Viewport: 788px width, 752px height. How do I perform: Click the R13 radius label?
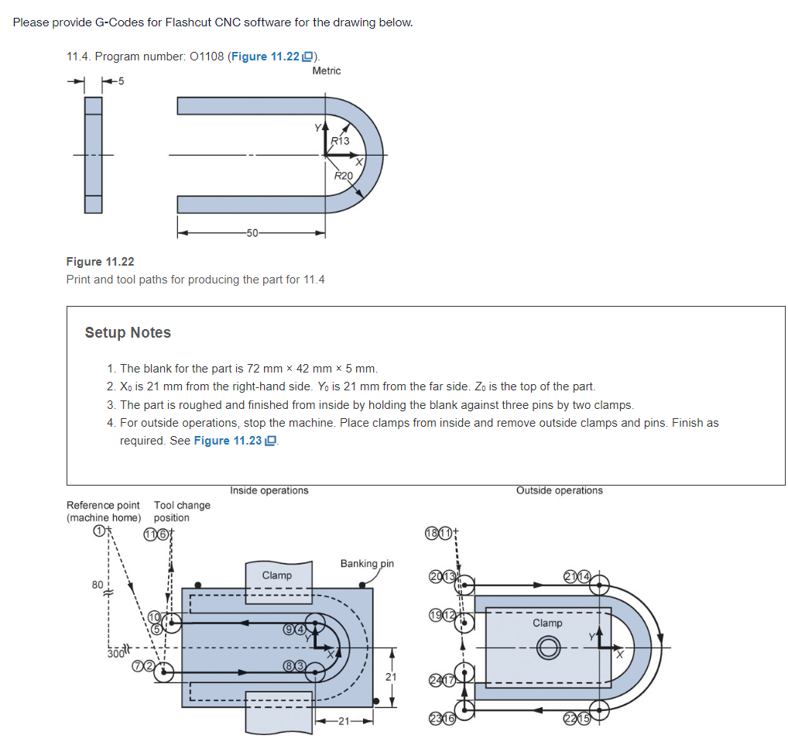pos(340,141)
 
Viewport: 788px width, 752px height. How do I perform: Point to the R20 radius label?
pos(343,176)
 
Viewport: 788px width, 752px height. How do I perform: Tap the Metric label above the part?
pos(326,70)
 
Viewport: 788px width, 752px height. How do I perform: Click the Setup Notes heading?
pos(128,332)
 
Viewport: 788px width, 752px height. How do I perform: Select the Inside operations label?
pos(269,490)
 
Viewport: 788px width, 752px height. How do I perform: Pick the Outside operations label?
pos(559,490)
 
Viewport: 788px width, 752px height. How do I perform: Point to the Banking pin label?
pos(367,563)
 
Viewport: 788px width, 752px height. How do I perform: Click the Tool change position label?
pos(181,511)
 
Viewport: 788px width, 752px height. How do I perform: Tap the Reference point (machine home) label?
pos(104,511)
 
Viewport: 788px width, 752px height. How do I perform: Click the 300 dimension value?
pos(115,654)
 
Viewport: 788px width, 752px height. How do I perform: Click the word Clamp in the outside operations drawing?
pos(547,623)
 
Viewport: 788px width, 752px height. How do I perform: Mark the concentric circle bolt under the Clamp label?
pos(548,647)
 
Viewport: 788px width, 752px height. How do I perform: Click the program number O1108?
pos(204,57)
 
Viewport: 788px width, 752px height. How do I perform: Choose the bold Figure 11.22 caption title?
pos(100,262)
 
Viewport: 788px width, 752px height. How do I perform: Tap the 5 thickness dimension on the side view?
pos(122,80)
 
